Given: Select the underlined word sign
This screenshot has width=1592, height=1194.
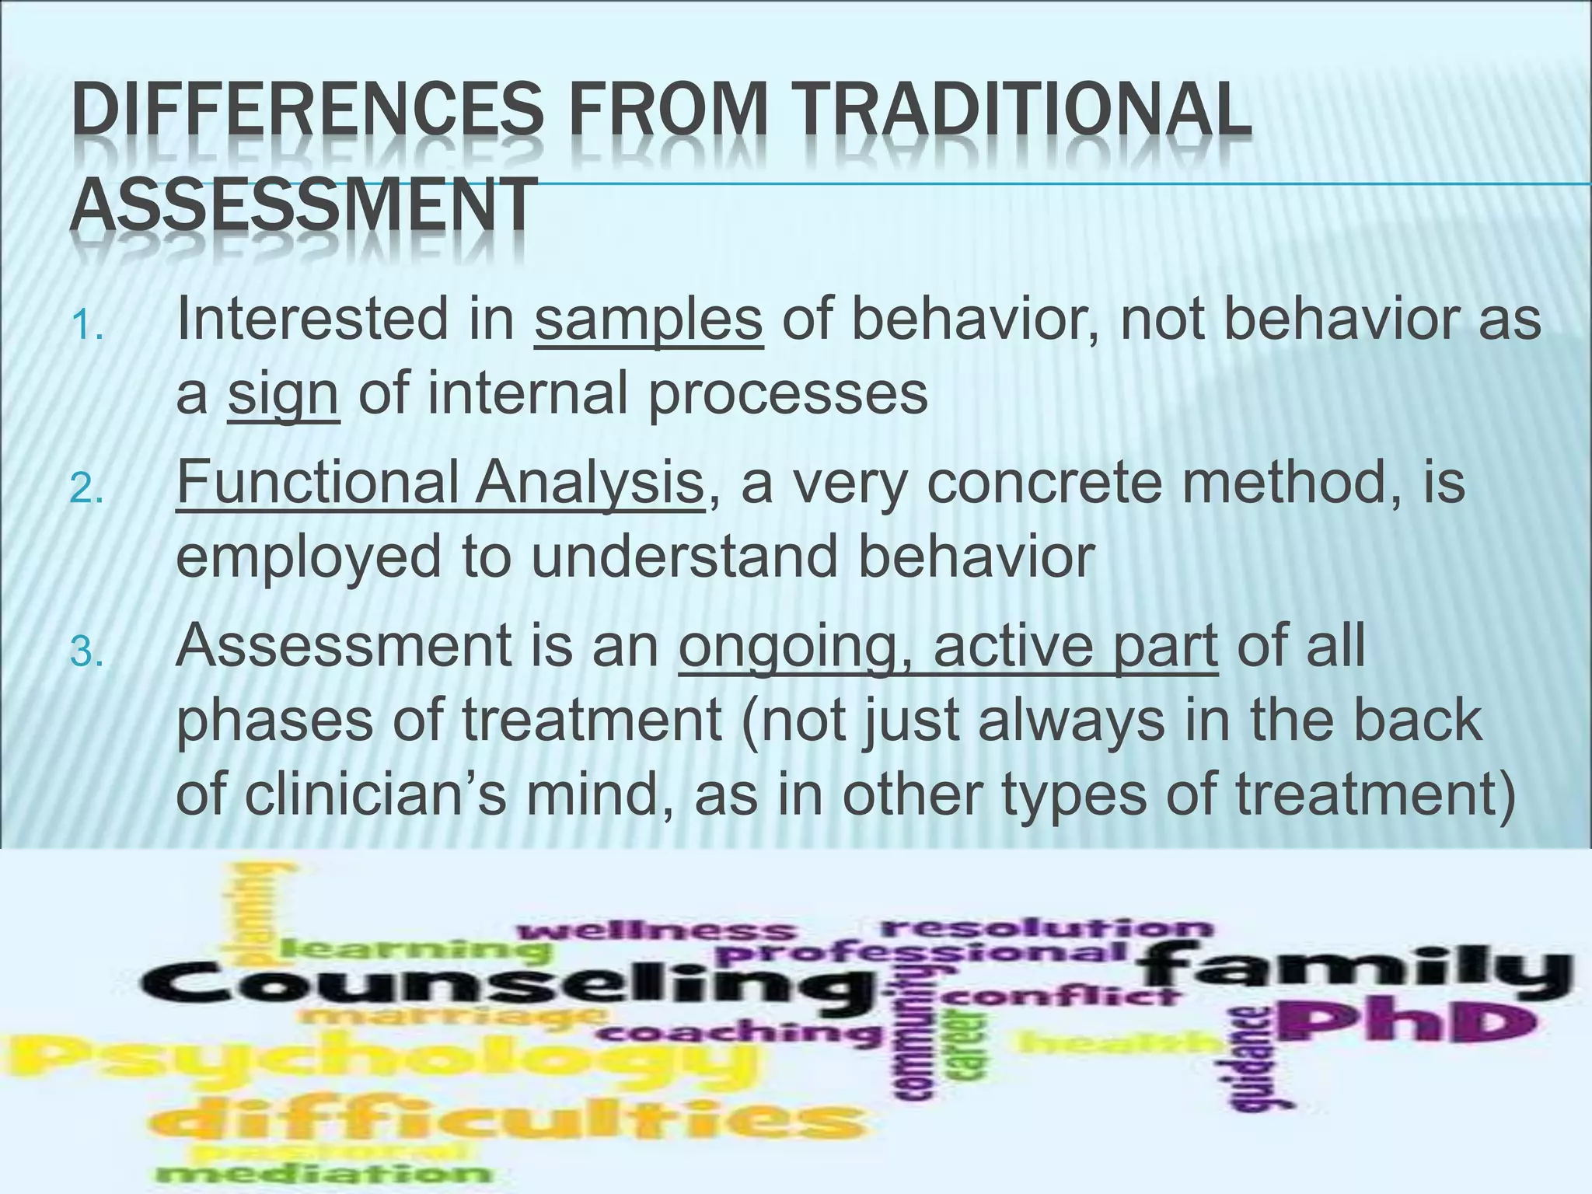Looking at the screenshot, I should pos(283,393).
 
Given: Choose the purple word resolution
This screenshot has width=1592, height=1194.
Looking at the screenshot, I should pos(1046,927).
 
